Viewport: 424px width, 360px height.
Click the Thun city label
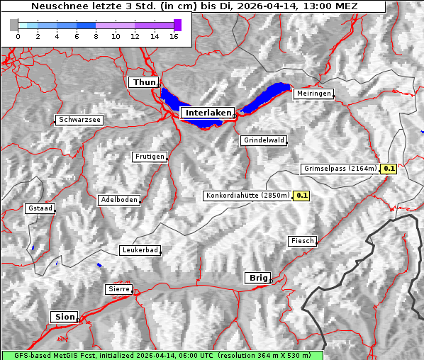[x=144, y=83]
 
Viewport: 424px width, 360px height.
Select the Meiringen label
[x=313, y=94]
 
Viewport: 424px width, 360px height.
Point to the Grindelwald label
[x=264, y=140]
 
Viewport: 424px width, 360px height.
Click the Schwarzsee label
[x=79, y=120]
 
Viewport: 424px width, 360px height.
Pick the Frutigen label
[x=149, y=157]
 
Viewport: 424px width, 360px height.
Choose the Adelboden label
[x=118, y=200]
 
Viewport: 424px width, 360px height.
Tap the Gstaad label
[x=40, y=208]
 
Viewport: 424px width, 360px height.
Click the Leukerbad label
[x=140, y=250]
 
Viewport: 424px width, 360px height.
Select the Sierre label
[x=119, y=289]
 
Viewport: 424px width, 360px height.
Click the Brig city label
[x=257, y=278]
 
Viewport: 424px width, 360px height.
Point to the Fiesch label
[x=302, y=241]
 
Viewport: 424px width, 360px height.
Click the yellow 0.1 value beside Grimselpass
[x=389, y=169]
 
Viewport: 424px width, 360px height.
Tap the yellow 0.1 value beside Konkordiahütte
[x=302, y=195]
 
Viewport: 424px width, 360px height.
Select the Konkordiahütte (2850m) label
[x=247, y=195]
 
